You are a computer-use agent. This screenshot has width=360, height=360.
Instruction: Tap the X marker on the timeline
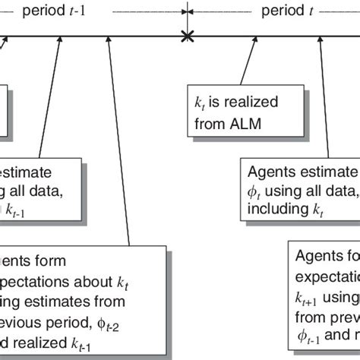tap(185, 36)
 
